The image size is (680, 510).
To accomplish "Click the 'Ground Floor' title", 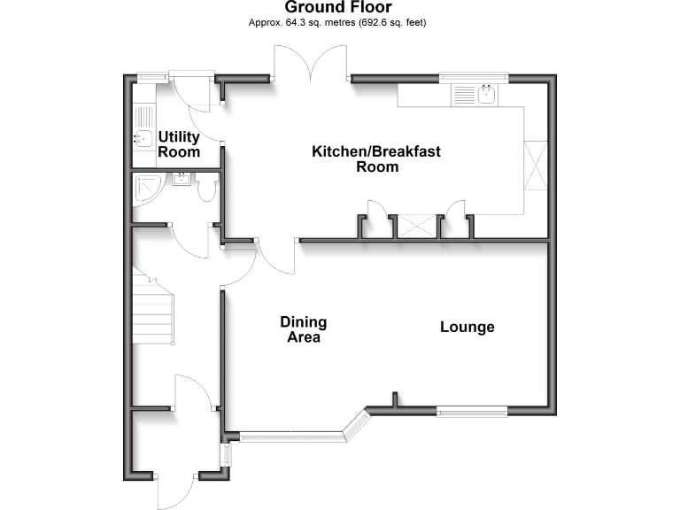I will coord(337,8).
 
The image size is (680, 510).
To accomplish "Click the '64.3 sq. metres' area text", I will coord(305,23).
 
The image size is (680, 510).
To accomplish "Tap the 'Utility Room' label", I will coord(179,144).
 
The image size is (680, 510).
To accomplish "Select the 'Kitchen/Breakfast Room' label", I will coord(375,159).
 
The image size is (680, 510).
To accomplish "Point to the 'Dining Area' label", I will coord(303,329).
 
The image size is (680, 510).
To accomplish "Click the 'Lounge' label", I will coord(467,328).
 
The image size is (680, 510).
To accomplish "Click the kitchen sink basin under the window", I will coord(485,95).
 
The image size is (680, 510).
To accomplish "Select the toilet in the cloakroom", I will coord(207,189).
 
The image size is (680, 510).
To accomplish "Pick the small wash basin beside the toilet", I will coord(182,180).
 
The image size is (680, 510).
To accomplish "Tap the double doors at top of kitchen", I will coord(311,66).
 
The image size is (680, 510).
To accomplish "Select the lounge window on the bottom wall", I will coord(472,411).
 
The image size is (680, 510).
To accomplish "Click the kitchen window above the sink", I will coord(474,78).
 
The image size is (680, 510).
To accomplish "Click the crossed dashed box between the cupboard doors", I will coord(416,226).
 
